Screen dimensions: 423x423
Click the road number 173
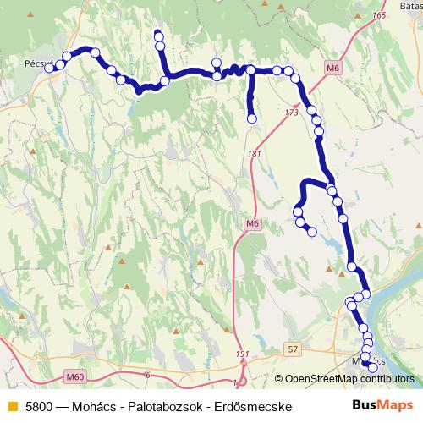click(292, 112)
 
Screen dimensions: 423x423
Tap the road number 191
click(244, 354)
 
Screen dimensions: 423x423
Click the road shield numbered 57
click(293, 349)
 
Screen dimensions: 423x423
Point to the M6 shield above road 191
click(251, 223)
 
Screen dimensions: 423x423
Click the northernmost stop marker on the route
click(157, 35)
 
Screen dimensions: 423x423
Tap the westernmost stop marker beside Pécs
click(50, 68)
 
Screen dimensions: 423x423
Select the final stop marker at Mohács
click(372, 366)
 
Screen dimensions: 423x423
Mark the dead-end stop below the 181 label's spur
click(251, 119)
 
